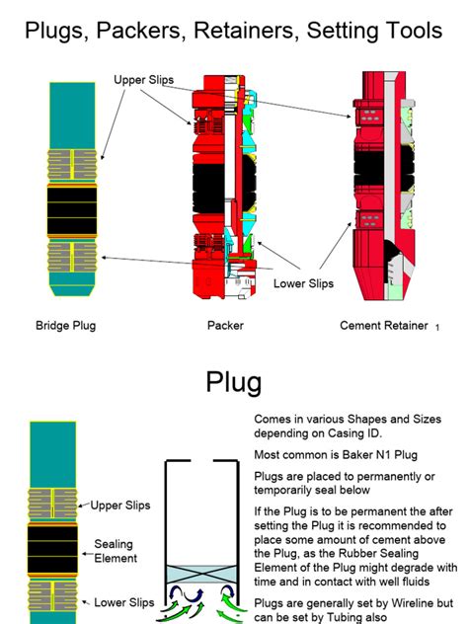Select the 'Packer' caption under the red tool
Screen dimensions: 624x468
point(225,325)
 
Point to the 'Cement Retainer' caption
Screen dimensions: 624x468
point(384,325)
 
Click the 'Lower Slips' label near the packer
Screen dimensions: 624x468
point(303,283)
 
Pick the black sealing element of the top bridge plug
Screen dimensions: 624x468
point(72,209)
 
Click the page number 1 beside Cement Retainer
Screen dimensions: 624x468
point(436,327)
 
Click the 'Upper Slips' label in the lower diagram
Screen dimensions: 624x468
point(120,506)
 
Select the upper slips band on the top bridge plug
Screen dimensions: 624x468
point(72,162)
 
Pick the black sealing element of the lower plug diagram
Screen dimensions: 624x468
point(52,551)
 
